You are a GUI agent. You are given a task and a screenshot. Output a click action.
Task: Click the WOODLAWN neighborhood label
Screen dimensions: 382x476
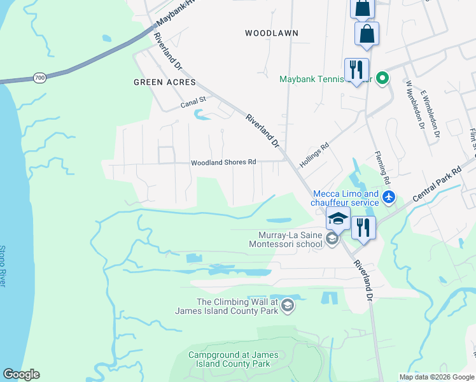pyautogui.click(x=272, y=32)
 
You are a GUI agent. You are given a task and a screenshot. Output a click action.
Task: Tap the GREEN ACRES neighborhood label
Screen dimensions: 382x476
pyautogui.click(x=164, y=82)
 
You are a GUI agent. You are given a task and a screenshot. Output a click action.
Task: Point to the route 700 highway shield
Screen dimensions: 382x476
pyautogui.click(x=40, y=78)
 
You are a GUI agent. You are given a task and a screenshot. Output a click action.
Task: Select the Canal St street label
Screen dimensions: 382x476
pyautogui.click(x=194, y=100)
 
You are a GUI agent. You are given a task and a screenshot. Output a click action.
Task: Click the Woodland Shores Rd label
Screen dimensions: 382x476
pyautogui.click(x=223, y=162)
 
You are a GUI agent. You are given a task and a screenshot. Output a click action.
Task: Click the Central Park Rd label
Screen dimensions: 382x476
pyautogui.click(x=437, y=185)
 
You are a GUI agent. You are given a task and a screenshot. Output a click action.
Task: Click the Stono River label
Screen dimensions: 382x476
pyautogui.click(x=3, y=266)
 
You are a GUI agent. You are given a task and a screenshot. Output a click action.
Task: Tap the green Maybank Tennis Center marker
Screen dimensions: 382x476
pyautogui.click(x=382, y=80)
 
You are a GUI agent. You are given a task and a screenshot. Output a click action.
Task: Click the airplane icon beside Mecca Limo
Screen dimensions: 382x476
pyautogui.click(x=390, y=198)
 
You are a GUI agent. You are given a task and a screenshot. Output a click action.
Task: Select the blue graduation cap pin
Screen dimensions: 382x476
pyautogui.click(x=338, y=218)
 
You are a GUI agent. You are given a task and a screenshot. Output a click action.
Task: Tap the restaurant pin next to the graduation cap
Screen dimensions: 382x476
pyautogui.click(x=363, y=228)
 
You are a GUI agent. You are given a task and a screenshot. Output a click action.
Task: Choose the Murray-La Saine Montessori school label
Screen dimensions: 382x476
pyautogui.click(x=285, y=239)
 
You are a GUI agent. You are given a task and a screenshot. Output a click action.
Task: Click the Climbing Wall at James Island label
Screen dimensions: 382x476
pyautogui.click(x=237, y=306)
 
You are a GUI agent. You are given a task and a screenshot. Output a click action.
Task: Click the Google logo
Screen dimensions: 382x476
pyautogui.click(x=21, y=374)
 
